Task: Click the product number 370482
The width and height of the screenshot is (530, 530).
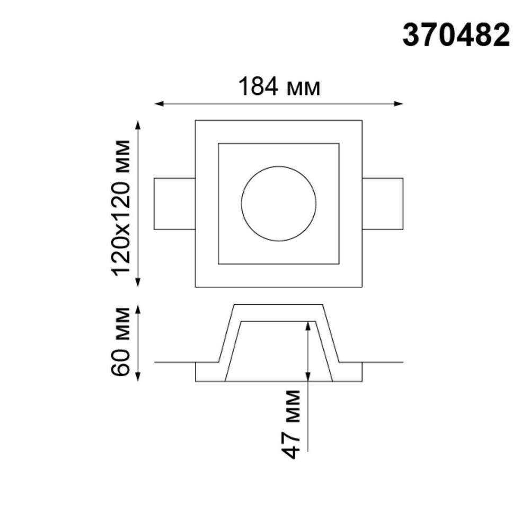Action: click(x=456, y=36)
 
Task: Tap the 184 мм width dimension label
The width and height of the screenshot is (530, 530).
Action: click(x=279, y=87)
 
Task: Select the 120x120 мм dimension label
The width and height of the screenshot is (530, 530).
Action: click(x=121, y=207)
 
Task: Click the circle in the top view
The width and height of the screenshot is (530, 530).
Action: click(x=279, y=204)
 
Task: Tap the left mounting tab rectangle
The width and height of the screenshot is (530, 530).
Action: click(x=174, y=204)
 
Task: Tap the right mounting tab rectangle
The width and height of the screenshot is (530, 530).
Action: click(x=383, y=204)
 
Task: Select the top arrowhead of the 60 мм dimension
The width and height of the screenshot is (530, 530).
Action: click(x=139, y=309)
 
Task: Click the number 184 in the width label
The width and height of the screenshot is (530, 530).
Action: click(x=258, y=87)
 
